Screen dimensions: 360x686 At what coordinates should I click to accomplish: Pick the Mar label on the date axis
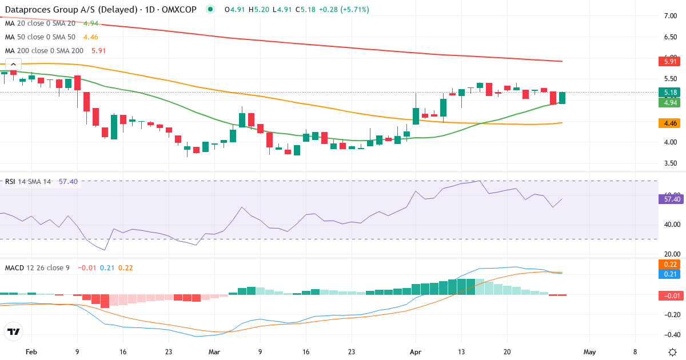tap(214, 352)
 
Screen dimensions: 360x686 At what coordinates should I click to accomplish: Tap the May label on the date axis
tap(590, 352)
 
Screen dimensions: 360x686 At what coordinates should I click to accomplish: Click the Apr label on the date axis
tap(416, 352)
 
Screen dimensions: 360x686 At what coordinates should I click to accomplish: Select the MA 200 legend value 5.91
tap(98, 50)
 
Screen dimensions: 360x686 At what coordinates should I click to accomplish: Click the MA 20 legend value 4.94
tap(91, 23)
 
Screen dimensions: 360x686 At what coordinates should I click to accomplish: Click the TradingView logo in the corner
tap(13, 331)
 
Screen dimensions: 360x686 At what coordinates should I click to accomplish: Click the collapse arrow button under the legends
tap(13, 65)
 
